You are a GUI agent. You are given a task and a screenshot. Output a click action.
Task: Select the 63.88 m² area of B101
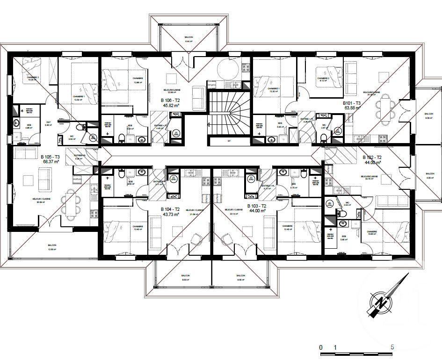coord(352,108)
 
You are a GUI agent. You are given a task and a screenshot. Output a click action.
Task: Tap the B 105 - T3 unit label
coord(50,157)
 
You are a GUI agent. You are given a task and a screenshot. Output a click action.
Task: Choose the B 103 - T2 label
coord(256,206)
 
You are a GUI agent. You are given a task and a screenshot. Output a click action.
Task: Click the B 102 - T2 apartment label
coord(372,158)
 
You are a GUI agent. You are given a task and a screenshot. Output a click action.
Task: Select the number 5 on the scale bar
coord(392,347)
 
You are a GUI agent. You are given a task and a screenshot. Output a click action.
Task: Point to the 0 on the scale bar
coord(321,347)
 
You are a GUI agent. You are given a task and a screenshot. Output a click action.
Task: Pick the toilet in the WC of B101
coord(324,137)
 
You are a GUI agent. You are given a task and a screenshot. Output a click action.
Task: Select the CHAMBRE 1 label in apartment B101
coord(273,88)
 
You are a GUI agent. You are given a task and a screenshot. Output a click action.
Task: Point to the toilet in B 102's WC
coord(342,213)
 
